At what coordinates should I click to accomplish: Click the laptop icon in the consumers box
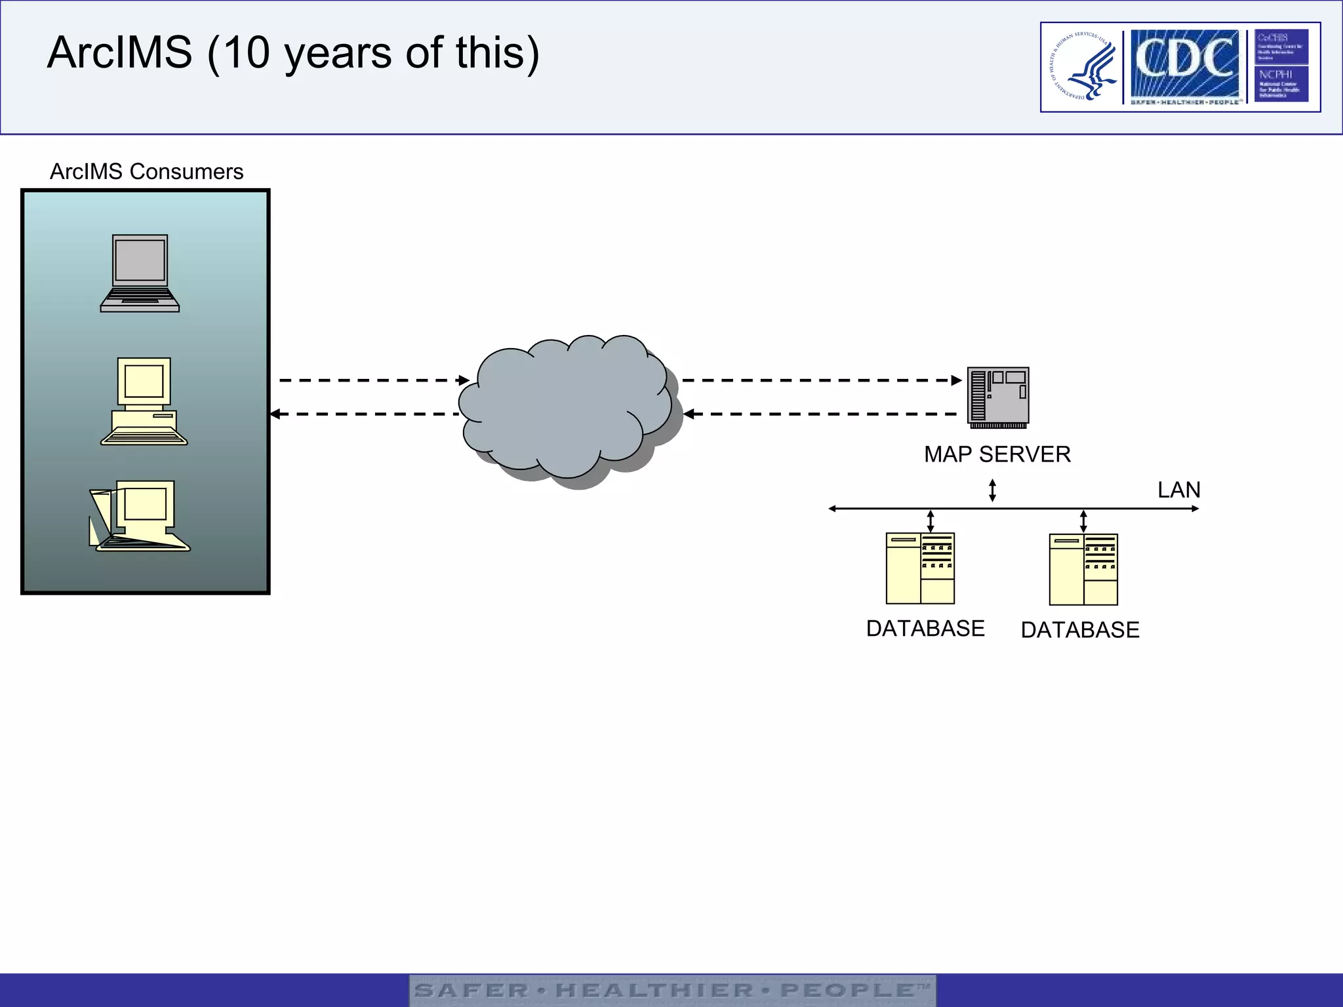140,273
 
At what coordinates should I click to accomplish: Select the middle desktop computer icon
144,401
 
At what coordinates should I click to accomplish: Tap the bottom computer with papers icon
140,517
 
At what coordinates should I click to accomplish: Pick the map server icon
998,397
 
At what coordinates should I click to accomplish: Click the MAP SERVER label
997,454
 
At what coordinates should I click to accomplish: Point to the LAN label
1178,490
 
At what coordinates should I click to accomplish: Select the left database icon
920,568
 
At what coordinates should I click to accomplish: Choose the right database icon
1083,569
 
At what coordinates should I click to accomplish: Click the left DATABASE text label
925,629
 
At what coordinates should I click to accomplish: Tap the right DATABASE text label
1080,630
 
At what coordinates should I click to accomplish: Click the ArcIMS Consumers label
147,172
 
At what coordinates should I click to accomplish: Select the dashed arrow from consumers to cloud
374,380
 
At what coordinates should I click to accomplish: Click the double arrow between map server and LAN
992,490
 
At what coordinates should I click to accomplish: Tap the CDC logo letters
1184,60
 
